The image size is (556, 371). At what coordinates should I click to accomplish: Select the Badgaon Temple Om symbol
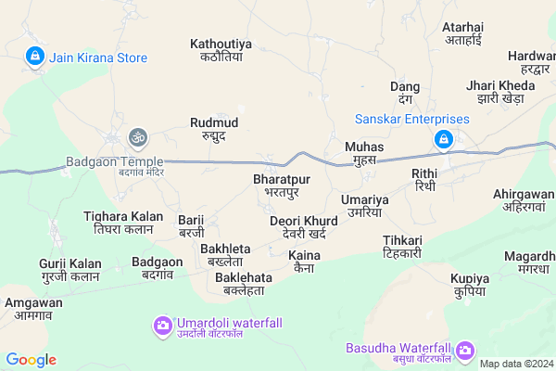point(138,138)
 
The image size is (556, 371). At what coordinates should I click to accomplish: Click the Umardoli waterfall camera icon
point(162,325)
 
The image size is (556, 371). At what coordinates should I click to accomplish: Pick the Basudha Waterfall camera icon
point(464,351)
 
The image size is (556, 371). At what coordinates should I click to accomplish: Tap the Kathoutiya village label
point(221,50)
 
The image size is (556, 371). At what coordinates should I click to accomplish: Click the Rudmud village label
point(213,128)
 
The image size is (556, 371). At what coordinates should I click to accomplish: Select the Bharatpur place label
point(281,184)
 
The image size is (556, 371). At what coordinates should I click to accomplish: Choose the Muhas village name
point(363,153)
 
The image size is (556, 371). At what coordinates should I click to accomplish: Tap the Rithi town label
point(425,180)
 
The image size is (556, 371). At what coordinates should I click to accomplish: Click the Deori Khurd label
point(303,226)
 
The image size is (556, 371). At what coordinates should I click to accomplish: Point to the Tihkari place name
point(402,246)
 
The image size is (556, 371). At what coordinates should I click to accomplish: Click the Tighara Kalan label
point(117,222)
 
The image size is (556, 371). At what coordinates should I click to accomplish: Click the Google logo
point(31,360)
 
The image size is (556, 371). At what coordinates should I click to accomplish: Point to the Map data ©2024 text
point(516,363)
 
